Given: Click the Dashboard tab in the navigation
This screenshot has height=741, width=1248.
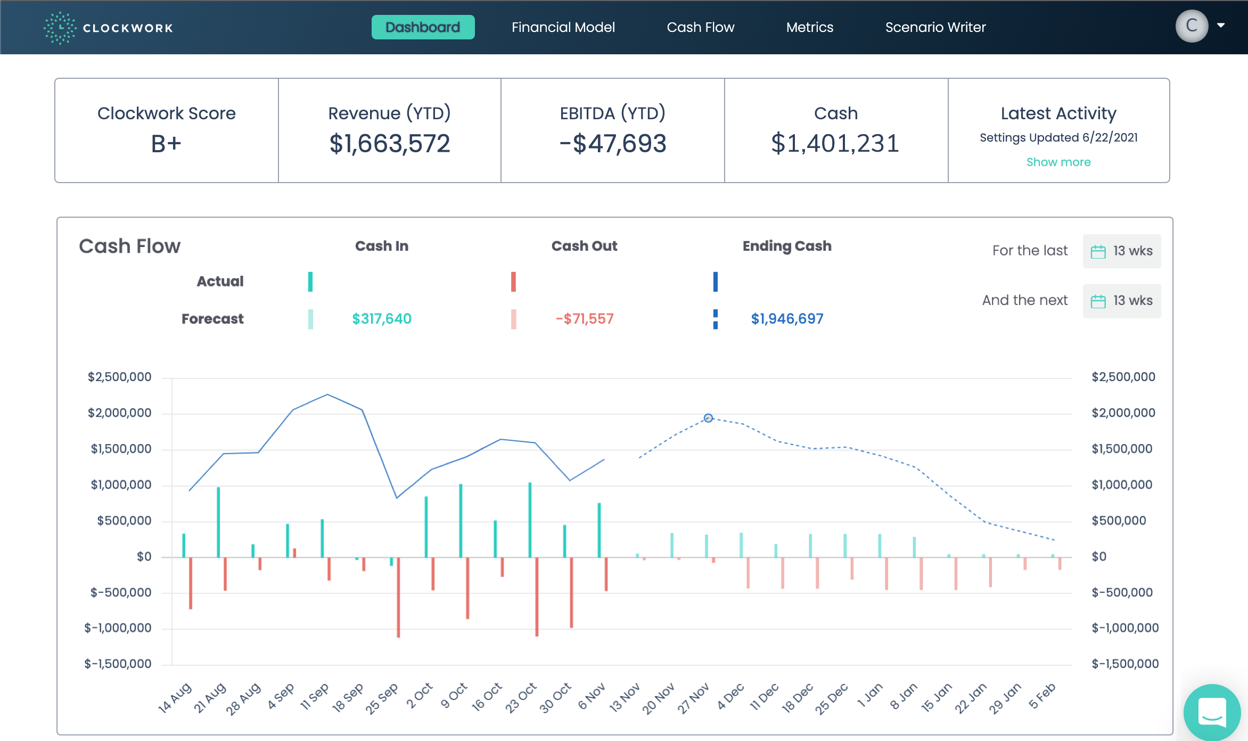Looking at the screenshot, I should [x=423, y=27].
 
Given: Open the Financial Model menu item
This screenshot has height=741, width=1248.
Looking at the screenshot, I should [x=563, y=27].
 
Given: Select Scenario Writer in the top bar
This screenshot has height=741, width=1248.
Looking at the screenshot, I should [x=935, y=27].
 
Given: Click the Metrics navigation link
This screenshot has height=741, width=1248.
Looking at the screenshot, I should [x=809, y=27].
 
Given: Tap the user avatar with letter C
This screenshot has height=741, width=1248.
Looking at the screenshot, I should [x=1191, y=26].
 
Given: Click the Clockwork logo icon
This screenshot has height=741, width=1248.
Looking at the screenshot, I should [x=60, y=28].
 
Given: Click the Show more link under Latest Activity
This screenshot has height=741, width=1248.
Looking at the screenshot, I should [x=1058, y=162].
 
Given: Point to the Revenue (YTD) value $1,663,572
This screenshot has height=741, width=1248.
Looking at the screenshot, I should [x=389, y=144].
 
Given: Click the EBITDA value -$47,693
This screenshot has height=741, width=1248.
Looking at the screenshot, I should [x=612, y=144].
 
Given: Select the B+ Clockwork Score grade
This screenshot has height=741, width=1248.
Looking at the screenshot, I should [x=166, y=144].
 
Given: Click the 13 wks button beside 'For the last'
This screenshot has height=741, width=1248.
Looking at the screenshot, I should [x=1122, y=251].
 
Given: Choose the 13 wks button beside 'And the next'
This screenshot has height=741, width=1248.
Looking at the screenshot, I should [x=1122, y=301].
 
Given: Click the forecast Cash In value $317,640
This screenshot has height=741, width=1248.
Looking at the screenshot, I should [x=381, y=319].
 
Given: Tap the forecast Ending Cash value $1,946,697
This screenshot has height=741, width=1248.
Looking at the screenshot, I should [x=786, y=319].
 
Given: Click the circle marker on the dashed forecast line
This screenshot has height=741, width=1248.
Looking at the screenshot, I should [x=708, y=418].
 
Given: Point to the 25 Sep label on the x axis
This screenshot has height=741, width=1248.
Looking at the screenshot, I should [x=382, y=698].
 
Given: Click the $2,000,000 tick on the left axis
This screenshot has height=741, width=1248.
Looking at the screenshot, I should [x=120, y=413].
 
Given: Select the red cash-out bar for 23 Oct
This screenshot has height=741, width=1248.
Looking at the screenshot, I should [x=537, y=596].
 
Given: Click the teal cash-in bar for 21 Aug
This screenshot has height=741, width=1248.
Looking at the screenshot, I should [x=218, y=522].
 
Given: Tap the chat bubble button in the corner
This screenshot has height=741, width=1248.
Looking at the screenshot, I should [x=1212, y=712].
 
